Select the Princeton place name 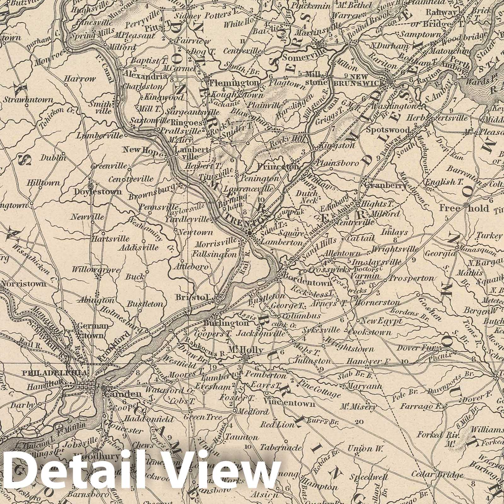pyautogui.click(x=278, y=167)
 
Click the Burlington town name pyautogui.click(x=226, y=323)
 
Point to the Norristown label pyautogui.click(x=24, y=283)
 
